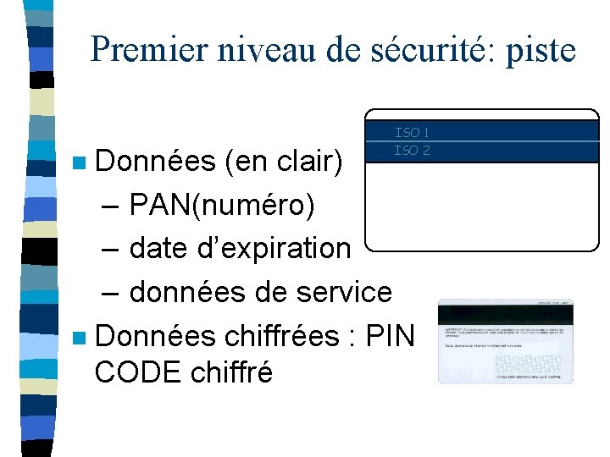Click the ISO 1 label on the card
click(412, 132)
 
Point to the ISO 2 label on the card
click(412, 151)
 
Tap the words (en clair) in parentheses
click(284, 160)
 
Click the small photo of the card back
click(505, 341)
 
